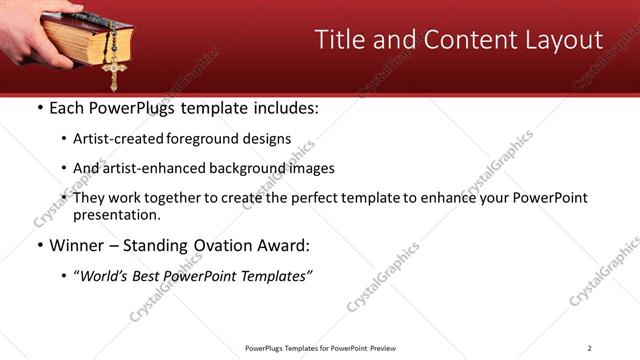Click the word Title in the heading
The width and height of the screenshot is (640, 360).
pos(339,40)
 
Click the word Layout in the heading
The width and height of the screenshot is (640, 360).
pos(566,40)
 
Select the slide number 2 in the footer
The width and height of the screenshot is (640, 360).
pos(589,347)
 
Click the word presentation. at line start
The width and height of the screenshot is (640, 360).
pos(116,214)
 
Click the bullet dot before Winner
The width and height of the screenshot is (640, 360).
pos(38,245)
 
